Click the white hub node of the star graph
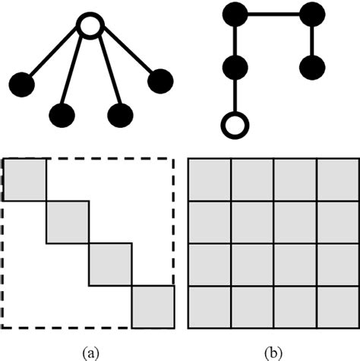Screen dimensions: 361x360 (x=90, y=29)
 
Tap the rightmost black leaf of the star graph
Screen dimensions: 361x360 (x=160, y=81)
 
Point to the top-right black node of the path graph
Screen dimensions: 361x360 (x=312, y=14)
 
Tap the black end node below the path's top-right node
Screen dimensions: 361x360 (x=312, y=67)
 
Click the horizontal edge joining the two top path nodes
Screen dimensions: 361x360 (x=273, y=14)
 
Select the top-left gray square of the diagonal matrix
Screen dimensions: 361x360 (x=24, y=179)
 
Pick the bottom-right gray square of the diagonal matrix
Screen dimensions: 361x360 (x=153, y=306)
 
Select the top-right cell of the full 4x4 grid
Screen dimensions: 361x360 (x=336, y=179)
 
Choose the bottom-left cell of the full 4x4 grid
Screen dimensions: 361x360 (x=209, y=306)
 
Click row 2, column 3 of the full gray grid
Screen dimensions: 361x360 (x=295, y=222)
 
